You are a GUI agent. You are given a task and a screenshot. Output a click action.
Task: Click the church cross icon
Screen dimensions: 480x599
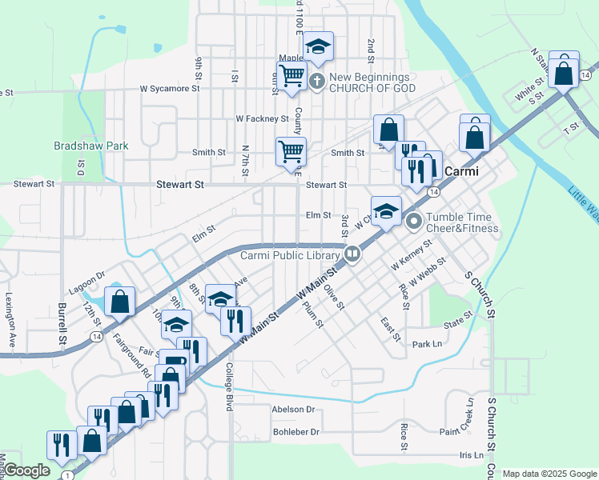pyautogui.click(x=318, y=81)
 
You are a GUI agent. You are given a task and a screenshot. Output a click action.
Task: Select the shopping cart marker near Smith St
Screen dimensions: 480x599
pyautogui.click(x=291, y=150)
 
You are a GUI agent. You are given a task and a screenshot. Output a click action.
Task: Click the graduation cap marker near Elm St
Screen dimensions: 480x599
pyautogui.click(x=386, y=211)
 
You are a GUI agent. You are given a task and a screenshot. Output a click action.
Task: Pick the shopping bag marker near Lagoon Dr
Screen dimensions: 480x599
pyautogui.click(x=120, y=302)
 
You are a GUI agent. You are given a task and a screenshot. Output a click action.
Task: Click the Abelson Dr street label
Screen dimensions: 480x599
pyautogui.click(x=294, y=409)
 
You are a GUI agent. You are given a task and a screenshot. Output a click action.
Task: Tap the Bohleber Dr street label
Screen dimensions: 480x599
pyautogui.click(x=295, y=431)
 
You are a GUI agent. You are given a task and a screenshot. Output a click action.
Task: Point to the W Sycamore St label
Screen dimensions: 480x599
pyautogui.click(x=169, y=90)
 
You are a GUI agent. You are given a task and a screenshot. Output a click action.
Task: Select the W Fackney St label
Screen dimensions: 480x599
pyautogui.click(x=262, y=118)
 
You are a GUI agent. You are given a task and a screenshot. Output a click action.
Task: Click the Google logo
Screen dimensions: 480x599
pyautogui.click(x=26, y=470)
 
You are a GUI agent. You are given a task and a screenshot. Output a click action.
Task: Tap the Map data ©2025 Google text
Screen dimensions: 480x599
pyautogui.click(x=549, y=474)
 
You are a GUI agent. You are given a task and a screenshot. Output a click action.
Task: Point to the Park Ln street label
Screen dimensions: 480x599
pyautogui.click(x=427, y=345)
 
